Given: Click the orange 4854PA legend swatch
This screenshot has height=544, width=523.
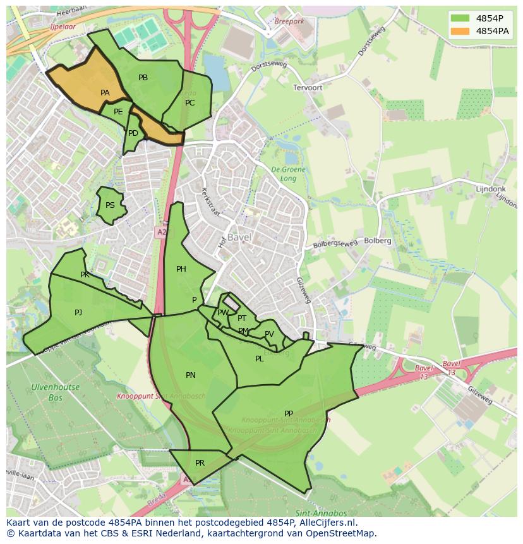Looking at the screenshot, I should point(460,31).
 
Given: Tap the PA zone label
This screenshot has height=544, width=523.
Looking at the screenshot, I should point(105,93).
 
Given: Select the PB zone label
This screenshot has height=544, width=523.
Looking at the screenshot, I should point(143,78).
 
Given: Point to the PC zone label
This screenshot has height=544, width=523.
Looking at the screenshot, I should point(189,103).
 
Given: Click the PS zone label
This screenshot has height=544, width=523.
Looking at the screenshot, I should point(110,205).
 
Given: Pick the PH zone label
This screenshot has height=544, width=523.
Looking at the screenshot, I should point(181,269).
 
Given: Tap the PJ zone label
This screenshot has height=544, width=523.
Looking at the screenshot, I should point(78,312).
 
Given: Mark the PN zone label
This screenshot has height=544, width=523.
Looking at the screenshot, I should point(190,375).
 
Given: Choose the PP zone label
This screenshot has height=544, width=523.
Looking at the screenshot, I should point(289,414).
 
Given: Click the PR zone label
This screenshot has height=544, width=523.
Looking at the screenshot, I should point(200,463).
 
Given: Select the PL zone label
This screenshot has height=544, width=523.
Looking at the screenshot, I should point(259,359).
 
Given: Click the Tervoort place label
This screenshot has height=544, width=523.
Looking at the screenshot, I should point(308,88).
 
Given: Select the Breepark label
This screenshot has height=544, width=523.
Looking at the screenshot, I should point(289,21).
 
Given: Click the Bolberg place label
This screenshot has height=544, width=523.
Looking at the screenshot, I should point(378,241).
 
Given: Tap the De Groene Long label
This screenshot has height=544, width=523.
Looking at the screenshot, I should point(288,174).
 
